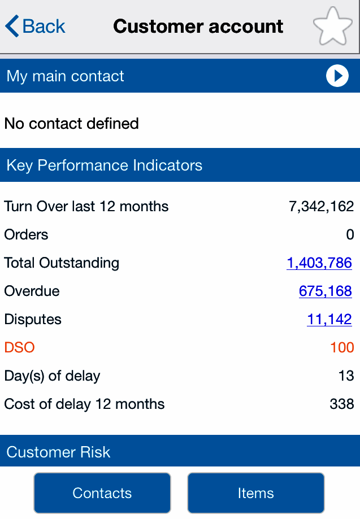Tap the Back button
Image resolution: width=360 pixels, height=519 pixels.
35,27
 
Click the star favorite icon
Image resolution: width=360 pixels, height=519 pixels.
333,27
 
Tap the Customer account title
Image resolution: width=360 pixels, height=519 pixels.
198,27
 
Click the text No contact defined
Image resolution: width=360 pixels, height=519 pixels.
72,124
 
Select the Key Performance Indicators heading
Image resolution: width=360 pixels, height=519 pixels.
105,165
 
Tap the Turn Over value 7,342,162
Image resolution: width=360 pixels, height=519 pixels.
321,207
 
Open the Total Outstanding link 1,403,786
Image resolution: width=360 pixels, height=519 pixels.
319,263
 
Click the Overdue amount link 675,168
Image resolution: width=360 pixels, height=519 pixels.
326,291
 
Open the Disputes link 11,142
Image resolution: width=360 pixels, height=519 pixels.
329,320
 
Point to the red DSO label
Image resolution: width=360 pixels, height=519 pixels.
20,347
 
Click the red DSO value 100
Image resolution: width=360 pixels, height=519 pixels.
342,347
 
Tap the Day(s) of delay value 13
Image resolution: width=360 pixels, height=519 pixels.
346,376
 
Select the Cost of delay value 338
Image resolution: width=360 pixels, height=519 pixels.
342,404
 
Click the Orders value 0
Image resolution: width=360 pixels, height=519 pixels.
350,235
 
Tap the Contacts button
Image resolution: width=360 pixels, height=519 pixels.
102,493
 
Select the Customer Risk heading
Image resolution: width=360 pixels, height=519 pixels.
59,452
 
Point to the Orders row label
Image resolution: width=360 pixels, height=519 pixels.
27,235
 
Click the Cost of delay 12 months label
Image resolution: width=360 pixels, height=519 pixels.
85,404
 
